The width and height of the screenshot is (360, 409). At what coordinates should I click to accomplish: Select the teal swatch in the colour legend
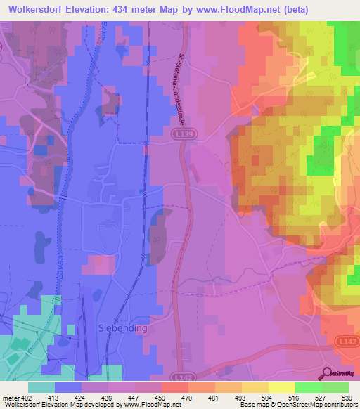coord(41,387)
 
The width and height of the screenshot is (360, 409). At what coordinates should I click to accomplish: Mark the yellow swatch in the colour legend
coord(282,387)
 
